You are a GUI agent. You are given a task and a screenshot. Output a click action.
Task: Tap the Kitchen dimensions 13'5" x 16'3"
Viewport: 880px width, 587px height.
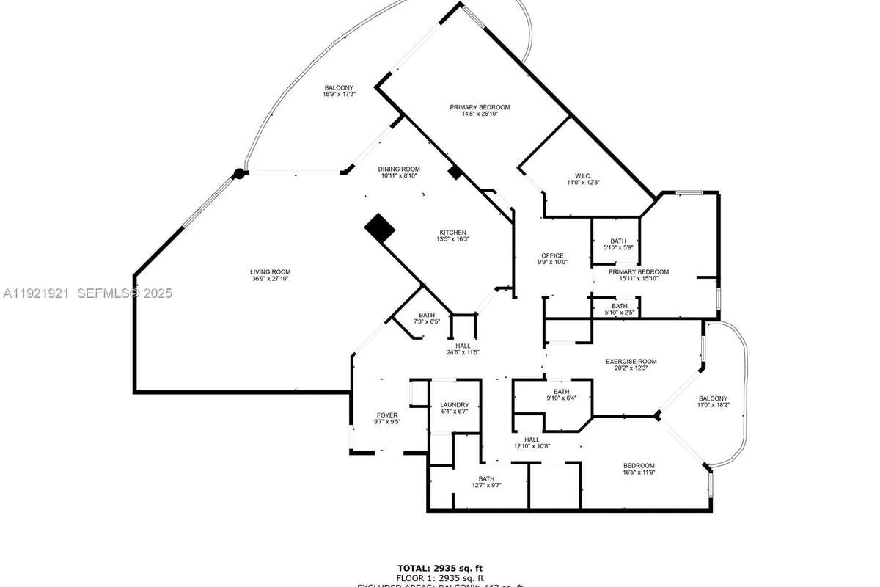[452, 239]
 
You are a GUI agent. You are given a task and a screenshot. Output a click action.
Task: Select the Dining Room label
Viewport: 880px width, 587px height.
[399, 168]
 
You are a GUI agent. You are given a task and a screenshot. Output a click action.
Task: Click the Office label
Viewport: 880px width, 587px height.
[552, 255]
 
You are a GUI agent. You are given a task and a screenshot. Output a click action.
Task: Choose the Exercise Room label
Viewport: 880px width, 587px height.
[631, 361]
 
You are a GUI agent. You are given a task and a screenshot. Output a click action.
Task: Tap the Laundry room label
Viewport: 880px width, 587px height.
[454, 405]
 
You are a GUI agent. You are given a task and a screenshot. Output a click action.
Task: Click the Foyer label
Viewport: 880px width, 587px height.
[386, 415]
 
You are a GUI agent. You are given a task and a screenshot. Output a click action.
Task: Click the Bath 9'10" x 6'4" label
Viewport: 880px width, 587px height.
[562, 392]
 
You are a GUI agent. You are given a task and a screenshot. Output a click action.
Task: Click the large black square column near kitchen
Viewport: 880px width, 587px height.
[380, 229]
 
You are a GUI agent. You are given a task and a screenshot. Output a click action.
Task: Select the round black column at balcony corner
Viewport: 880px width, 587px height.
[238, 174]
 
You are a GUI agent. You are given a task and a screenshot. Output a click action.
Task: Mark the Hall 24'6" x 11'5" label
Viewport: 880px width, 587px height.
[463, 346]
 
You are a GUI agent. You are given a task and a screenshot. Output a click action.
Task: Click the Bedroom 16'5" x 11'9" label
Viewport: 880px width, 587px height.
[639, 466]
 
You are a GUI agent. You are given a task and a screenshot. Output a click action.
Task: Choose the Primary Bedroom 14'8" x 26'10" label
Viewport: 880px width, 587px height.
[480, 107]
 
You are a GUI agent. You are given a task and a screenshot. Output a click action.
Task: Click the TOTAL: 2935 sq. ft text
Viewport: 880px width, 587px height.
[440, 568]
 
